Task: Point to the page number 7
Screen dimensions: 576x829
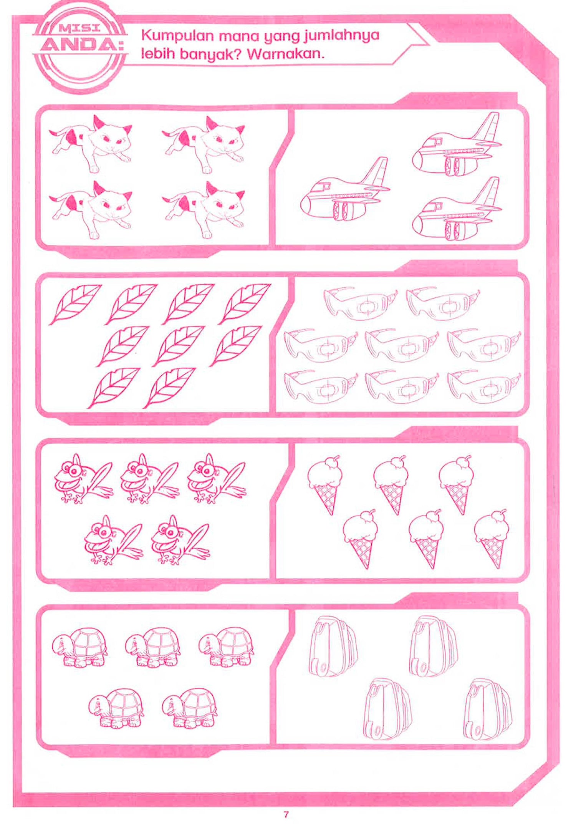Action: pos(285,814)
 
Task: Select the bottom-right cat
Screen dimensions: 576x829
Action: pos(204,210)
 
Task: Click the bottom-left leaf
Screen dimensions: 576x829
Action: pos(114,388)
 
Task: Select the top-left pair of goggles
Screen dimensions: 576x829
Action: pos(359,303)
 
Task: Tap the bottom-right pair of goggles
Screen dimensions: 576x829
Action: pos(484,387)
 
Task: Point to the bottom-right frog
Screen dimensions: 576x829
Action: pos(180,540)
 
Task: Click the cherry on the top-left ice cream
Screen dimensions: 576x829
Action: pos(336,458)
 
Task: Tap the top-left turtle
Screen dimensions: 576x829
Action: pos(79,648)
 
